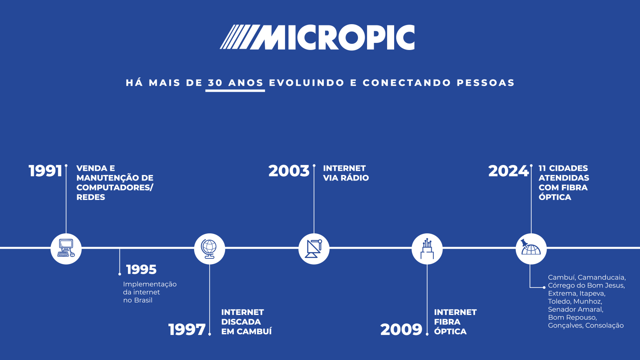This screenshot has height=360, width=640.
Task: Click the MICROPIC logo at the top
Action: coord(317,37)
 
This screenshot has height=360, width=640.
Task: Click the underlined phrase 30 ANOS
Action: coord(235,83)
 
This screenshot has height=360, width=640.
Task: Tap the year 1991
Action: coord(45,171)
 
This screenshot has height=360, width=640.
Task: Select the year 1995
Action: coord(141,270)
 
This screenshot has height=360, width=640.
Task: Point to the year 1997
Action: coord(187,330)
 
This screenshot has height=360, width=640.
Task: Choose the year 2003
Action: coord(289,171)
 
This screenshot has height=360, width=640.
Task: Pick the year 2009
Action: coord(401,330)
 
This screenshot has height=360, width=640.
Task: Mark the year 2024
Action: coord(508,171)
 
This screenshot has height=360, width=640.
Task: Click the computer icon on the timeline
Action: coord(66,249)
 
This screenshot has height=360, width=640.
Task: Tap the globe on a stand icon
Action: coord(210,249)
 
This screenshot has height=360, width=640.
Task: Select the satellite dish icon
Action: coord(314,249)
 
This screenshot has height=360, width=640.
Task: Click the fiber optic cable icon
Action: coord(427,249)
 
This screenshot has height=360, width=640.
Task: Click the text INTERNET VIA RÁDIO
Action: coord(346,173)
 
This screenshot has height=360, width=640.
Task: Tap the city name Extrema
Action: coord(562,293)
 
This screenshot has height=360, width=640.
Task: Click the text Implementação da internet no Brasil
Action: coord(150,292)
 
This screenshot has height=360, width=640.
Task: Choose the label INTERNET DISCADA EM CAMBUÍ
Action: coord(246,322)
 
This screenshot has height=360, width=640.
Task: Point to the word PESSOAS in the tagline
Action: coord(486,83)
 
